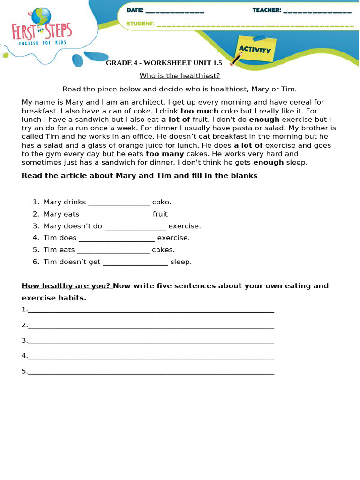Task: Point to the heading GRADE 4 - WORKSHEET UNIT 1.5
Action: [x=164, y=63]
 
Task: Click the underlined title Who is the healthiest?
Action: [x=180, y=75]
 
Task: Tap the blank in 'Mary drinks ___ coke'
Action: [x=119, y=202]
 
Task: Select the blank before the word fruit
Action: [x=116, y=215]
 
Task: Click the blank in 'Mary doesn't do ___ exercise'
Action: [x=135, y=226]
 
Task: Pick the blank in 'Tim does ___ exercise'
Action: [x=117, y=238]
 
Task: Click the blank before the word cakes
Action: [x=113, y=250]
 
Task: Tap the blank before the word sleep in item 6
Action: [x=135, y=262]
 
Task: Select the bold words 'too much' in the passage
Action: [x=199, y=111]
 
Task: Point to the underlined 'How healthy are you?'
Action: [x=66, y=286]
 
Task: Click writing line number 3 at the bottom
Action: [x=150, y=341]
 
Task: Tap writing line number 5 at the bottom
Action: [x=150, y=372]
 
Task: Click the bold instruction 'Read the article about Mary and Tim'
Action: [x=140, y=176]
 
